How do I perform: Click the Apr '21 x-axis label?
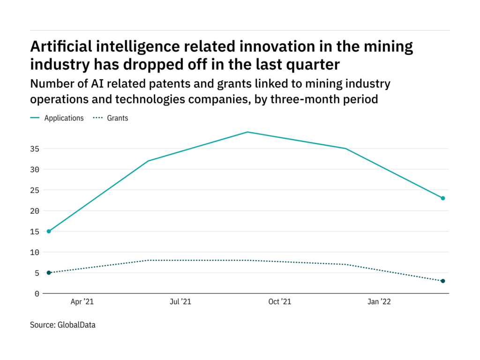pyautogui.click(x=82, y=302)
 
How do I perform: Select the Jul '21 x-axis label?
pyautogui.click(x=180, y=302)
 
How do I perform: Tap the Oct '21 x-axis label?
pyautogui.click(x=280, y=302)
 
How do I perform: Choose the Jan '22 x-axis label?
pyautogui.click(x=379, y=302)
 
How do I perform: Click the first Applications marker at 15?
pyautogui.click(x=49, y=231)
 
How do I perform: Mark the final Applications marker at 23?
pyautogui.click(x=443, y=198)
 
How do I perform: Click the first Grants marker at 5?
pyautogui.click(x=49, y=273)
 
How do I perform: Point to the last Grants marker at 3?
pyautogui.click(x=443, y=281)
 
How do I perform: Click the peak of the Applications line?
pyautogui.click(x=247, y=132)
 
